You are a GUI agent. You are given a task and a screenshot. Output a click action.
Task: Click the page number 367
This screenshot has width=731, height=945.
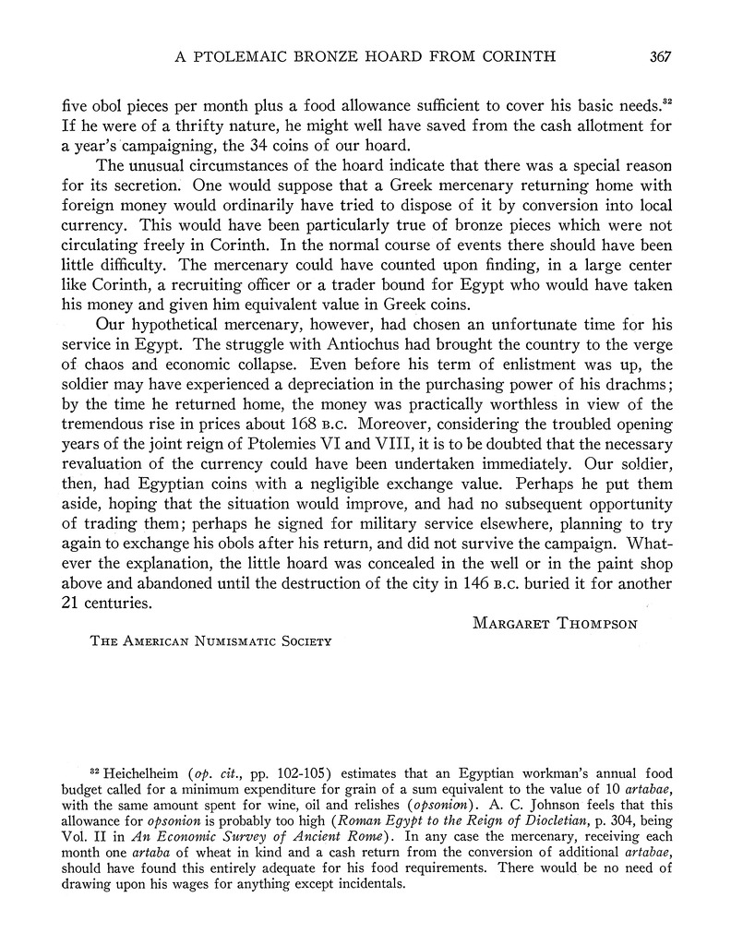pyautogui.click(x=659, y=55)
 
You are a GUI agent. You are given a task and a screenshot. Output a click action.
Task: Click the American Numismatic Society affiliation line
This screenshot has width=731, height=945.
pyautogui.click(x=210, y=641)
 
